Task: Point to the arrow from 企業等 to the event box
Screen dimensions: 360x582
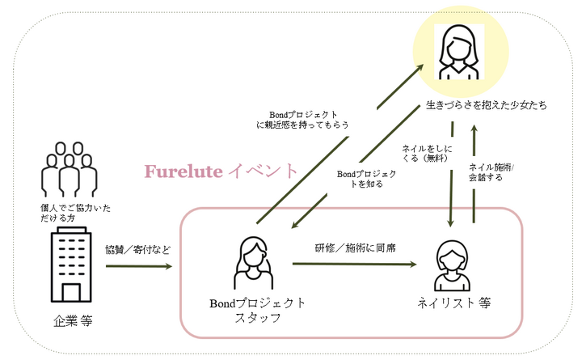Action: (137, 265)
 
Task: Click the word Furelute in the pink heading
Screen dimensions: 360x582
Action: (182, 172)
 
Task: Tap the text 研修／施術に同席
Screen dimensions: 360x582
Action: (355, 248)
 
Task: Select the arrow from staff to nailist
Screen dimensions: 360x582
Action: (356, 263)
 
